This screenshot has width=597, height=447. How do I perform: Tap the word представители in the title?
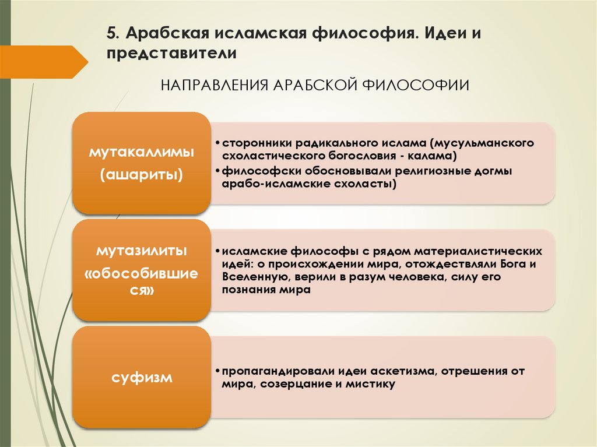click(171, 53)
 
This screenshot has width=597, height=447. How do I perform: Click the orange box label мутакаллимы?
click(141, 153)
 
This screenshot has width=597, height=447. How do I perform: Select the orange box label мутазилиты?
click(141, 251)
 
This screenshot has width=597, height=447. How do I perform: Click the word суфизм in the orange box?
click(142, 378)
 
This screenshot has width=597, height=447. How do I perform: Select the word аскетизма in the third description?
click(399, 371)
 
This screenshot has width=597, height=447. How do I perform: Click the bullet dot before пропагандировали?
click(216, 371)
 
